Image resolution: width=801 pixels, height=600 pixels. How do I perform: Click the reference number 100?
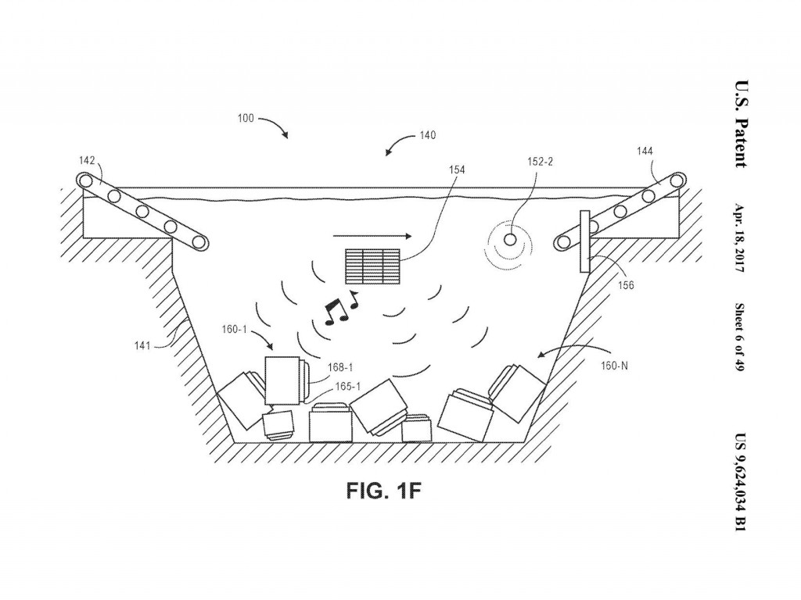coord(245,119)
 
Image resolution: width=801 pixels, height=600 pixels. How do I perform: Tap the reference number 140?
coord(427,135)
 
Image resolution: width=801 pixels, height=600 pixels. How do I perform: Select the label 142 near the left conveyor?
coord(88,160)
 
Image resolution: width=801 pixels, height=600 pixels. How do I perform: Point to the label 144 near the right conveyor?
coord(645,151)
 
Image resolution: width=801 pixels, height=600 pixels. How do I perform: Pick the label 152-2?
coord(540,163)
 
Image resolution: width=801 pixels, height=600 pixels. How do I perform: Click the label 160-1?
coord(235,330)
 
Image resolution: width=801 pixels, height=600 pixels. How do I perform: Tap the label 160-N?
coord(614,364)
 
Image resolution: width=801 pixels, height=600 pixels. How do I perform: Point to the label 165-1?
coord(347,386)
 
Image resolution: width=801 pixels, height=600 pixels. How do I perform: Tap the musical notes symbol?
coord(339,308)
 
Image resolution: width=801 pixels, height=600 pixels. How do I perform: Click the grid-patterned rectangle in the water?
coord(372,266)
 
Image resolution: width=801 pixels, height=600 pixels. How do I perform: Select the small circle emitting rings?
coord(510,239)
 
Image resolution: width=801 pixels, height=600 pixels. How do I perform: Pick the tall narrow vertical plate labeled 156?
coord(584,241)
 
